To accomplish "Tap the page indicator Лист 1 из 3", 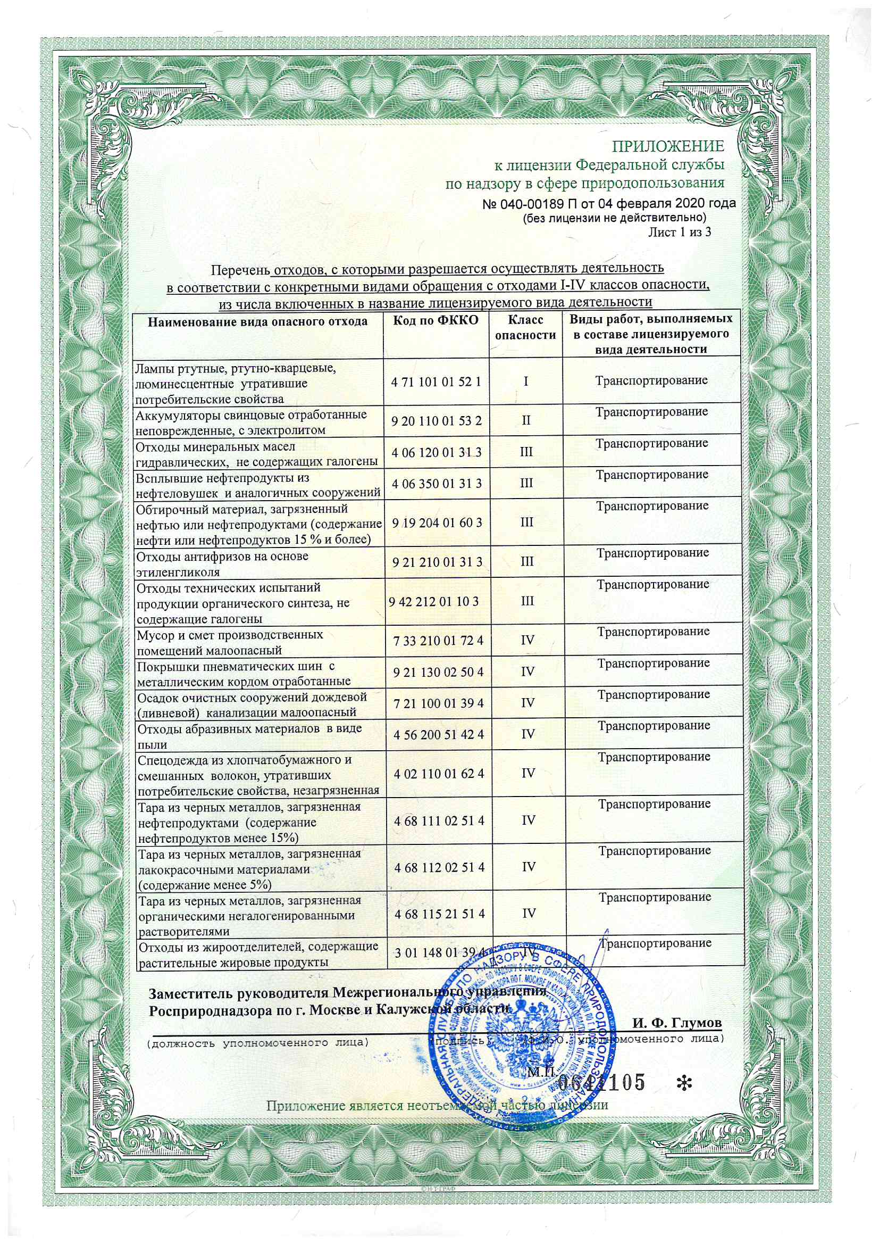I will click(x=679, y=233).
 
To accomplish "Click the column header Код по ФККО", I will click(x=436, y=321).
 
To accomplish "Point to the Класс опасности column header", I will click(x=525, y=328).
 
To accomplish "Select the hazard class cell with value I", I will click(x=525, y=382).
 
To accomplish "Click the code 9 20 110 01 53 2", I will click(x=436, y=421).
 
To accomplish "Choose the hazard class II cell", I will click(x=525, y=420).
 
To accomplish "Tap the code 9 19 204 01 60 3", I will click(x=437, y=523).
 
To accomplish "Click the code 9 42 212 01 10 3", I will click(x=433, y=601).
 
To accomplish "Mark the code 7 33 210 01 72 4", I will click(x=438, y=641).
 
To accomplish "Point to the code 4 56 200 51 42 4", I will click(x=439, y=735).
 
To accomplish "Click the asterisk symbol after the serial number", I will click(x=684, y=1083).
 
